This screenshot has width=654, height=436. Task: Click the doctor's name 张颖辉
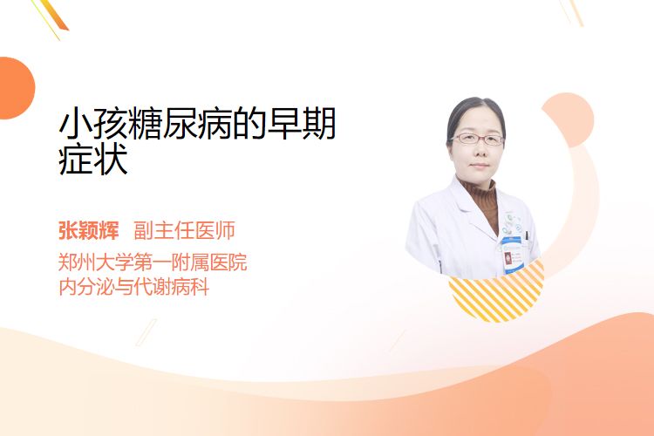[89, 230]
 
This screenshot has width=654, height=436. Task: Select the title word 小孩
[93, 124]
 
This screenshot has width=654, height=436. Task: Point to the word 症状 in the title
[93, 160]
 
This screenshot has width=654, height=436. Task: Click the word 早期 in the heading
[301, 124]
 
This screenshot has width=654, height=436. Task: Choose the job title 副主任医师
[184, 230]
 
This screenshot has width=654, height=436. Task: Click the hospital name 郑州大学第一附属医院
[153, 262]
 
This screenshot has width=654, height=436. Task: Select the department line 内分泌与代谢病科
[134, 287]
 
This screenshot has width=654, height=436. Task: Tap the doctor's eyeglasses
[477, 139]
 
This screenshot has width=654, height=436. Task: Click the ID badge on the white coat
[511, 255]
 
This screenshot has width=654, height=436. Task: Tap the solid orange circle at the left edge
[16, 88]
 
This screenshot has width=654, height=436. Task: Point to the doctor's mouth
[479, 165]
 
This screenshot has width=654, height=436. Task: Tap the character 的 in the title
[249, 124]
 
